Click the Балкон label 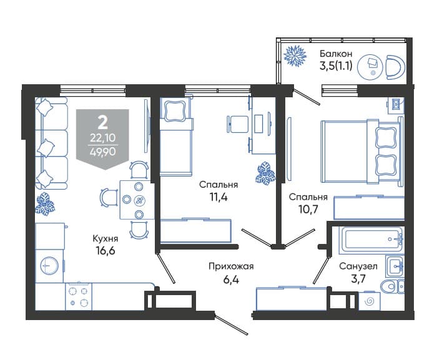coord(336,53)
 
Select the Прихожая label coord(231,266)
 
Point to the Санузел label coord(358,266)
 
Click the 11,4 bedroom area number coord(218,197)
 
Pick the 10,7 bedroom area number coord(308,210)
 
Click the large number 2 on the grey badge coord(103,122)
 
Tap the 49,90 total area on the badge coord(103,152)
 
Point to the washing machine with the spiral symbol coord(369,301)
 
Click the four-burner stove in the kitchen coord(78,296)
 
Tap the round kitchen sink coord(49,266)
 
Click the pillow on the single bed coord(174,110)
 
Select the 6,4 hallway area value coord(231,280)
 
